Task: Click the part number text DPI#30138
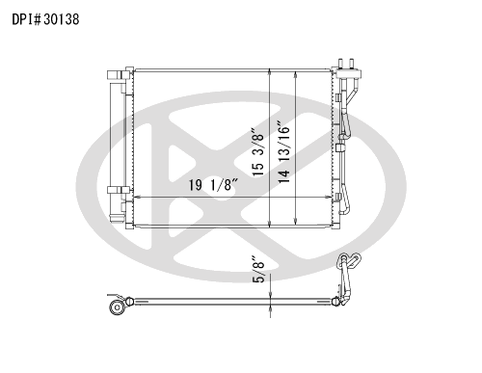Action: click(x=45, y=19)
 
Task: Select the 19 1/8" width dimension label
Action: click(x=214, y=185)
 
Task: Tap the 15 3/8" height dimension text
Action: click(x=258, y=152)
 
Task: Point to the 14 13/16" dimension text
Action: click(x=284, y=152)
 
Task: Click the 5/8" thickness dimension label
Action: click(x=258, y=269)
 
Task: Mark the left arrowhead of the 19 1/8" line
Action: click(x=137, y=197)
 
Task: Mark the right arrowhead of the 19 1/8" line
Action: click(x=328, y=197)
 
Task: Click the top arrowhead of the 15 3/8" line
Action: click(x=270, y=72)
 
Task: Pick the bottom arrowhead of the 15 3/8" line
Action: click(x=270, y=224)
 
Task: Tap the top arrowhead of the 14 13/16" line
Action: click(x=296, y=75)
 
